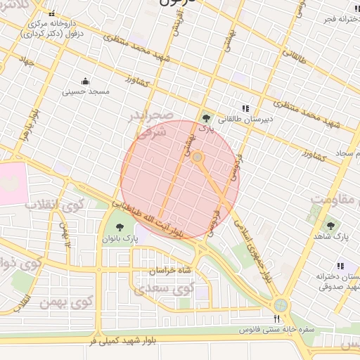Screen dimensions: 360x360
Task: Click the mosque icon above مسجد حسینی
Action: (86, 81)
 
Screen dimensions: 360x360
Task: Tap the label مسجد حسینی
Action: (85, 91)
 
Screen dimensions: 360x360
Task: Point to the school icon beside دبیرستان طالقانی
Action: (245, 108)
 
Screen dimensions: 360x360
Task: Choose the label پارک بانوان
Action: (120, 239)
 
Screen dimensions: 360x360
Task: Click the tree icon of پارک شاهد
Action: (330, 226)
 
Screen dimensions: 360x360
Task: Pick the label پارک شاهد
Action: (331, 238)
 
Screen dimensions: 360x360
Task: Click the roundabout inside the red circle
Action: (198, 157)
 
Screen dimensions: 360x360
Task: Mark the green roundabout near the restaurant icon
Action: (281, 305)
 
